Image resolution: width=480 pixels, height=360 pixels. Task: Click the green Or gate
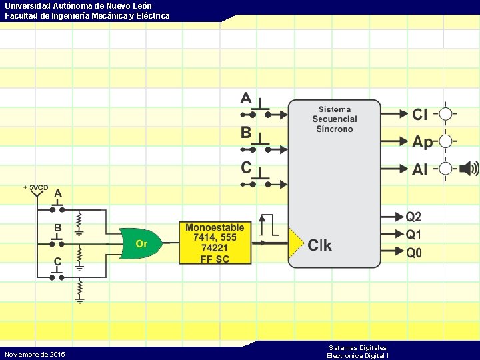click(x=141, y=243)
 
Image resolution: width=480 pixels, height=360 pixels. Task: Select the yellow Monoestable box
click(x=215, y=243)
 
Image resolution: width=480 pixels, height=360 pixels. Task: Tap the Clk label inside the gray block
click(x=319, y=245)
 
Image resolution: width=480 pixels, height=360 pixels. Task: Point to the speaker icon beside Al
click(x=469, y=168)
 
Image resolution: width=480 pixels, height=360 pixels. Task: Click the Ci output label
click(x=420, y=115)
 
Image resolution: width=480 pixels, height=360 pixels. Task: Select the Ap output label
click(x=422, y=142)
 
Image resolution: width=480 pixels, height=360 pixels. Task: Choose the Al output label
click(x=420, y=169)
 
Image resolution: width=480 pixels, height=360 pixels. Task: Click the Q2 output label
click(x=414, y=217)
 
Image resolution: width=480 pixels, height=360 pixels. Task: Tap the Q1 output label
click(x=414, y=235)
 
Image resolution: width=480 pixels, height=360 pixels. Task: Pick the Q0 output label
click(x=414, y=253)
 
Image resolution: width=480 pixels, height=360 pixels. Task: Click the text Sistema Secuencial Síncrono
click(x=335, y=119)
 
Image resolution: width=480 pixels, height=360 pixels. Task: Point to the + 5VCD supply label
click(x=35, y=187)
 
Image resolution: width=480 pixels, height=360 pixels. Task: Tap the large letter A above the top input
click(x=246, y=98)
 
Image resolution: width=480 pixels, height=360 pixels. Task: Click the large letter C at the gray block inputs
click(x=246, y=167)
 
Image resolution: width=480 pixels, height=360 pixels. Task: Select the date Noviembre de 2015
click(x=35, y=354)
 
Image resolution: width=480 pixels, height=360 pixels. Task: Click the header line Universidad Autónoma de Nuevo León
click(x=78, y=6)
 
